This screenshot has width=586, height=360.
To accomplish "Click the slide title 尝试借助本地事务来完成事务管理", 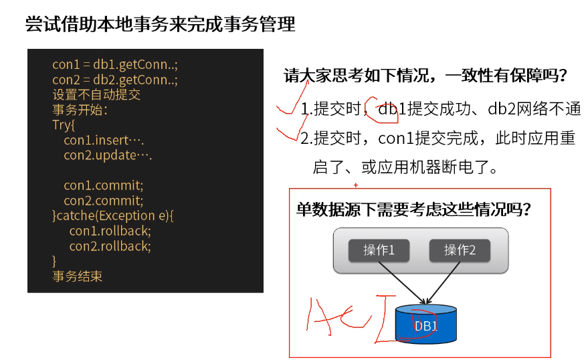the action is (x=160, y=25).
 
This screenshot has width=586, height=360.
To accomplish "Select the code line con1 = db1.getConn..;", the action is (x=115, y=64).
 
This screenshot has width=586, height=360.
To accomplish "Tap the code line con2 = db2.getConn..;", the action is (x=115, y=80).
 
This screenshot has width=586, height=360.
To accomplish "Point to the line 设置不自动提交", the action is (x=96, y=95).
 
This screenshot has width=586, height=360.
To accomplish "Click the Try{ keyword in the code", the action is (x=64, y=125).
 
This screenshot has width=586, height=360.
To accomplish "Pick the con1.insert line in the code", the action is (x=104, y=141).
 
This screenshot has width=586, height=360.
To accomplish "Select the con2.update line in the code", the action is (x=108, y=155).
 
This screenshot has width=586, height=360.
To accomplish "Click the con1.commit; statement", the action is (x=104, y=185).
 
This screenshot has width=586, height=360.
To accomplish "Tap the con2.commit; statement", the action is (x=104, y=200).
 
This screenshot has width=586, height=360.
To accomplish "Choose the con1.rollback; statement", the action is (x=110, y=231).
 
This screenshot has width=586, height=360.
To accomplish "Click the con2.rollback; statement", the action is (x=110, y=246).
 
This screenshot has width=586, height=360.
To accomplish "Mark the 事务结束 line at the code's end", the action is (x=78, y=276).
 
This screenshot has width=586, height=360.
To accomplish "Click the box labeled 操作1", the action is (x=379, y=250).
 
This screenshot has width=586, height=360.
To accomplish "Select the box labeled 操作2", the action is (x=460, y=250).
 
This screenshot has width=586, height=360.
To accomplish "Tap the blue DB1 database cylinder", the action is (x=425, y=326).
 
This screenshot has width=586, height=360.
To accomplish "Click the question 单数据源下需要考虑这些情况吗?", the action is (x=414, y=209).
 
